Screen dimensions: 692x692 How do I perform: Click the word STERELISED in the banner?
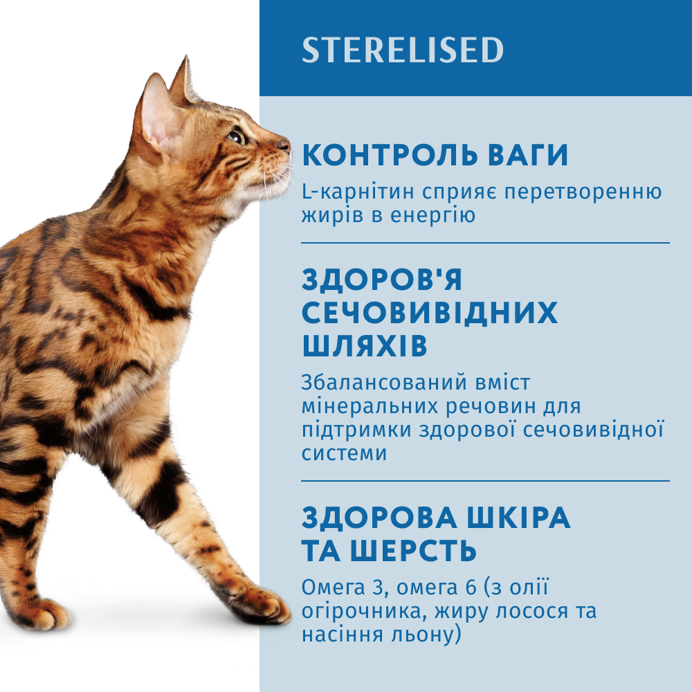tap(403, 49)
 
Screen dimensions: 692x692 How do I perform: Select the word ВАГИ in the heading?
tap(525, 155)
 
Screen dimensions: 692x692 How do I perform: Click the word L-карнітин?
tap(358, 192)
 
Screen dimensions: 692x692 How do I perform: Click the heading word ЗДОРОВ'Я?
tap(382, 279)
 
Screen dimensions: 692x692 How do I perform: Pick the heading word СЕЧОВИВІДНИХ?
tap(430, 313)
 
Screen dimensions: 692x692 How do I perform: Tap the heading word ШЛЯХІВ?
tap(365, 345)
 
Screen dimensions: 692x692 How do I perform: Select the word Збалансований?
tap(384, 383)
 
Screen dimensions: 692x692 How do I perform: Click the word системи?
tap(344, 453)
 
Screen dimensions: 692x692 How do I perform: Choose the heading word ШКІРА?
tap(518, 517)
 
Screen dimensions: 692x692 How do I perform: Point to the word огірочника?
tap(365, 612)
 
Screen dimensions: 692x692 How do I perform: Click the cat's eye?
tap(237, 136)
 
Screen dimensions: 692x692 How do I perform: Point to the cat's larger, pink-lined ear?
tap(156, 116)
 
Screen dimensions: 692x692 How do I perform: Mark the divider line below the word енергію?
tap(486, 243)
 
